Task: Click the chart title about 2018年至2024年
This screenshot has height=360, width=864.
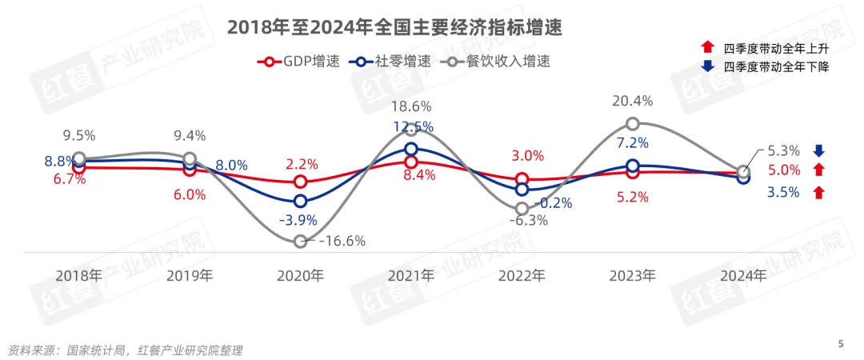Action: pos(394,28)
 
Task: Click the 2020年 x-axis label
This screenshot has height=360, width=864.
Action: pos(300,277)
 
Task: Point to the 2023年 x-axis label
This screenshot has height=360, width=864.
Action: pos(632,277)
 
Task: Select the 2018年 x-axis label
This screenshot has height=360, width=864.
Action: pos(78,277)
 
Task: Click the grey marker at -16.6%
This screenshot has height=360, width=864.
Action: pos(300,241)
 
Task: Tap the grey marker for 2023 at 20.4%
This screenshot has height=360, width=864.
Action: pos(632,123)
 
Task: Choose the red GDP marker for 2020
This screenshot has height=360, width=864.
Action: pos(300,182)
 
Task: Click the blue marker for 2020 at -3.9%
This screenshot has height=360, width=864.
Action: pos(300,201)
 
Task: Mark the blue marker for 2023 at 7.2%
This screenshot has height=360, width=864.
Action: pos(632,166)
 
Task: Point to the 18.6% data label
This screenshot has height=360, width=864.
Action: pos(410,106)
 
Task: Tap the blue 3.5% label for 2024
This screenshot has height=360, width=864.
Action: pos(782,192)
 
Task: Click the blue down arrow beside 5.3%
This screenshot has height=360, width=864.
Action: pos(818,150)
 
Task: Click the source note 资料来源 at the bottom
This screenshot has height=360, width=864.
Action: pos(125,350)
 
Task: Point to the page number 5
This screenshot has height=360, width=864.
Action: pos(841,344)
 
